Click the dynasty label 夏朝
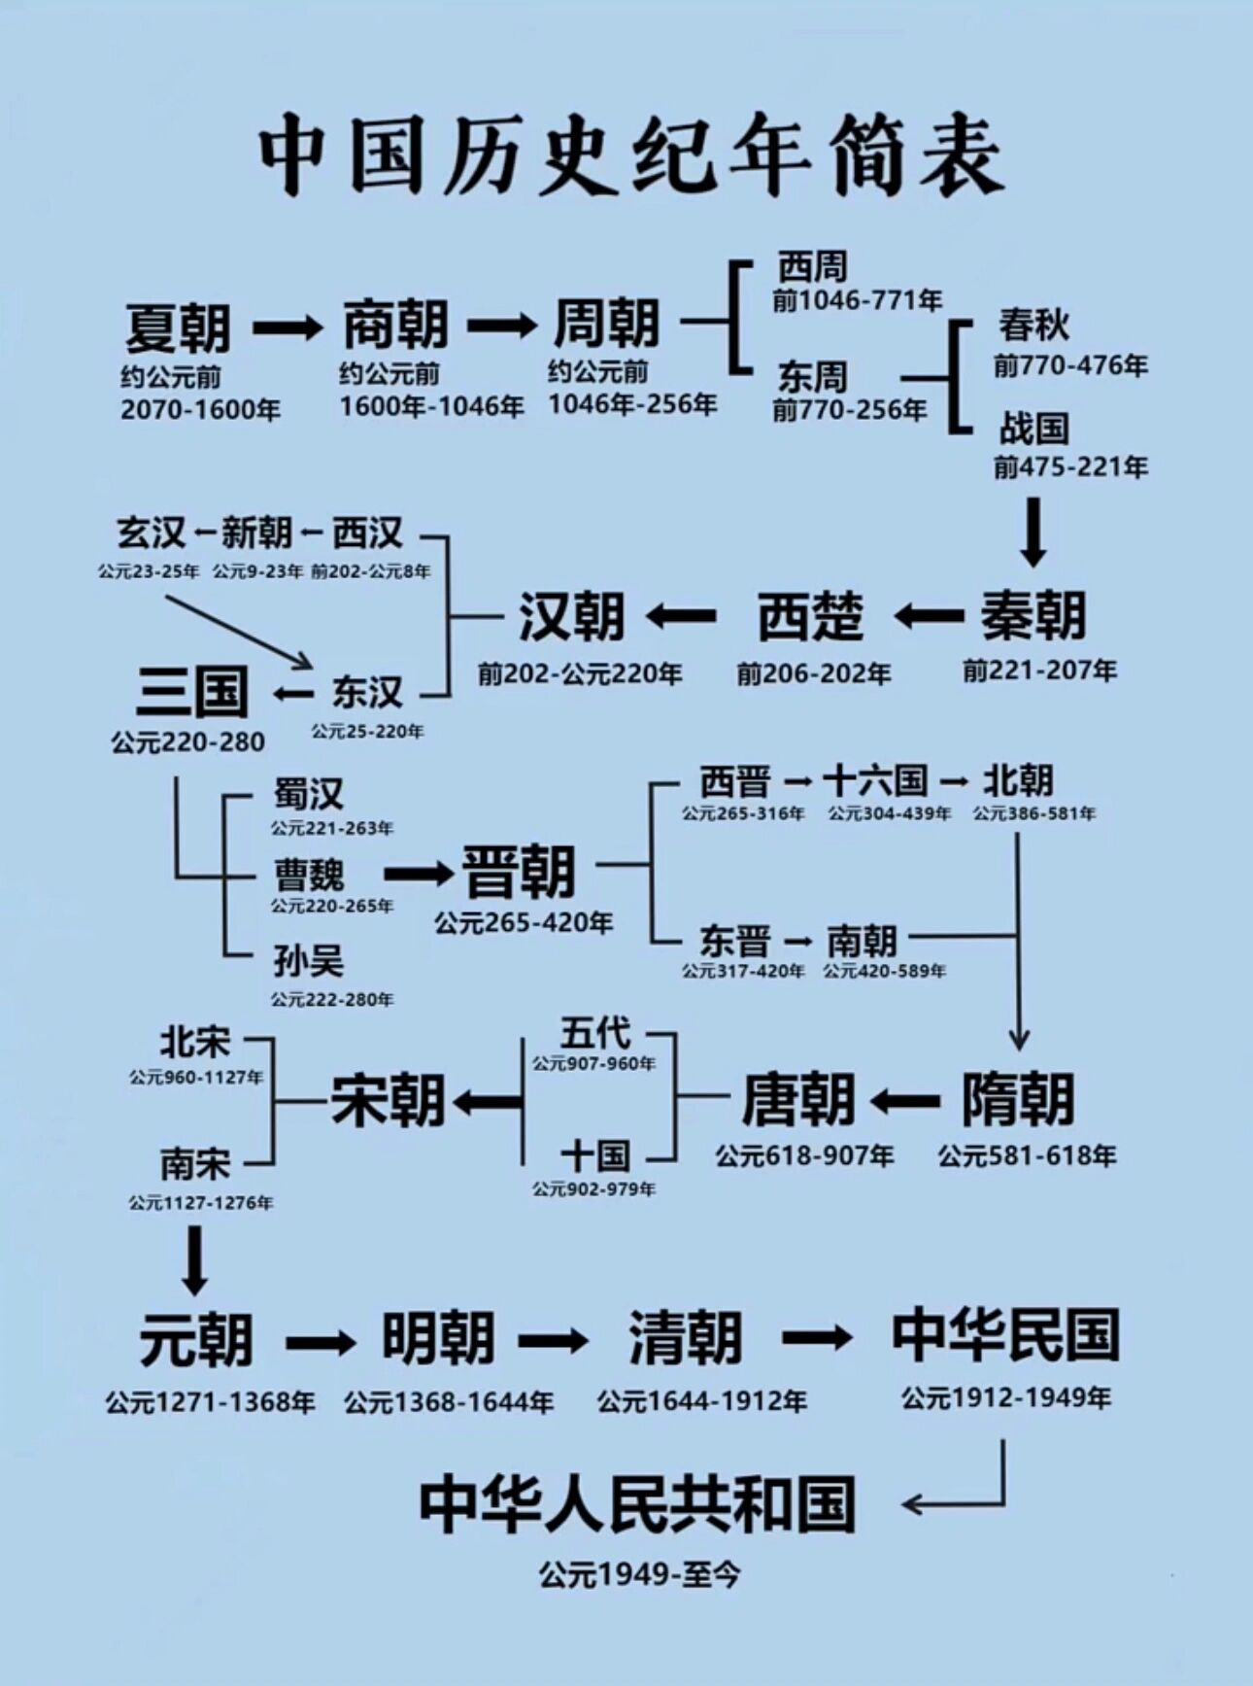pyautogui.click(x=178, y=328)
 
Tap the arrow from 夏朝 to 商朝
pyautogui.click(x=287, y=327)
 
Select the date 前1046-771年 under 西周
pyautogui.click(x=857, y=300)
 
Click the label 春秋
pyautogui.click(x=1033, y=325)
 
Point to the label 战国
pyautogui.click(x=1033, y=428)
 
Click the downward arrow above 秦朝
pyautogui.click(x=1033, y=532)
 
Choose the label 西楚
pyautogui.click(x=810, y=616)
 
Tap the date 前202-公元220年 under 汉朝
pyautogui.click(x=579, y=673)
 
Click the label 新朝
pyautogui.click(x=256, y=533)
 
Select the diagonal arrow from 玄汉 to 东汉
pyautogui.click(x=238, y=632)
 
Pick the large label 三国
pyautogui.click(x=191, y=692)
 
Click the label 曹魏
pyautogui.click(x=309, y=875)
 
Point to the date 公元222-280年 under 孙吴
pyautogui.click(x=332, y=999)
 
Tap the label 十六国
pyautogui.click(x=874, y=780)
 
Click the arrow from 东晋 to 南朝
pyautogui.click(x=797, y=942)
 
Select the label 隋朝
pyautogui.click(x=1018, y=1100)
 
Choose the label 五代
pyautogui.click(x=594, y=1032)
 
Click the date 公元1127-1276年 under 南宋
pyautogui.click(x=201, y=1203)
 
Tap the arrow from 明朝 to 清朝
pyautogui.click(x=553, y=1341)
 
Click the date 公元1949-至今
pyautogui.click(x=639, y=1574)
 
